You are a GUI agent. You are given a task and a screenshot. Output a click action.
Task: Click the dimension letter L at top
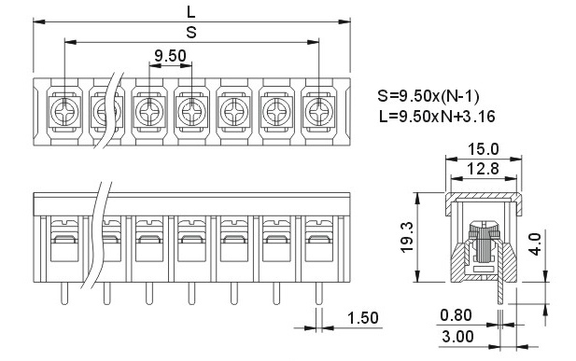[x=191, y=12]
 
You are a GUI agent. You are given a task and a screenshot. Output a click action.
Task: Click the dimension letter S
[x=191, y=33]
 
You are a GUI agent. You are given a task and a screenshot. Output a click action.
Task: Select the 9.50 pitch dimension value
[x=170, y=56]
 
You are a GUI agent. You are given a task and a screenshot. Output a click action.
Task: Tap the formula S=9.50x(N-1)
[x=428, y=96]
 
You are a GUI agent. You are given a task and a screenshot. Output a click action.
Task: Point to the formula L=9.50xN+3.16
[x=437, y=117]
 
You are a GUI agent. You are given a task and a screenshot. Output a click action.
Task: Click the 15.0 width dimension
[x=483, y=149]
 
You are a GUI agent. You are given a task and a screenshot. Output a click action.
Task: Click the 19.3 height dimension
[x=407, y=237]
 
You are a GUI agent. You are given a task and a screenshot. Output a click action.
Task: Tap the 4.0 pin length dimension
[x=536, y=243]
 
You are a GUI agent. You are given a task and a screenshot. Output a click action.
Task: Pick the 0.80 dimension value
[x=456, y=315]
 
